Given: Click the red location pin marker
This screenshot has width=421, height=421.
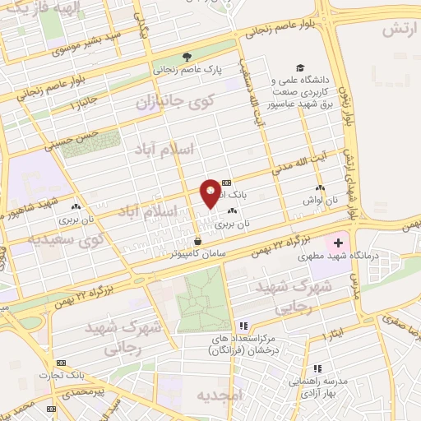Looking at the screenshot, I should click(x=210, y=194).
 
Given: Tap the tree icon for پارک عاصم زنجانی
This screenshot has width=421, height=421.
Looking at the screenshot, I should click(x=187, y=57).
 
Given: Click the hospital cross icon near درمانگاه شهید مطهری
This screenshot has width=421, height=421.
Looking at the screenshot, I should click(x=338, y=243).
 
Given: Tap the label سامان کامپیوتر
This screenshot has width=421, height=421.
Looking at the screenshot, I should click(x=198, y=254).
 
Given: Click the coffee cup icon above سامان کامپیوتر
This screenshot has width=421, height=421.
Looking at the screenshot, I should click(x=197, y=241).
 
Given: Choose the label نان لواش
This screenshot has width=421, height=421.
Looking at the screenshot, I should click(x=320, y=200).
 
